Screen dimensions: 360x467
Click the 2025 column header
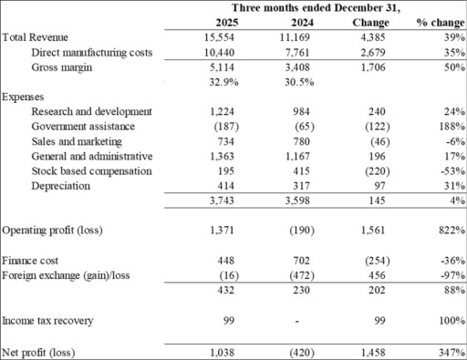(235, 21)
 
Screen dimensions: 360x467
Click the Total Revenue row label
(34, 37)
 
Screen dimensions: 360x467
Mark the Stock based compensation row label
(91, 170)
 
